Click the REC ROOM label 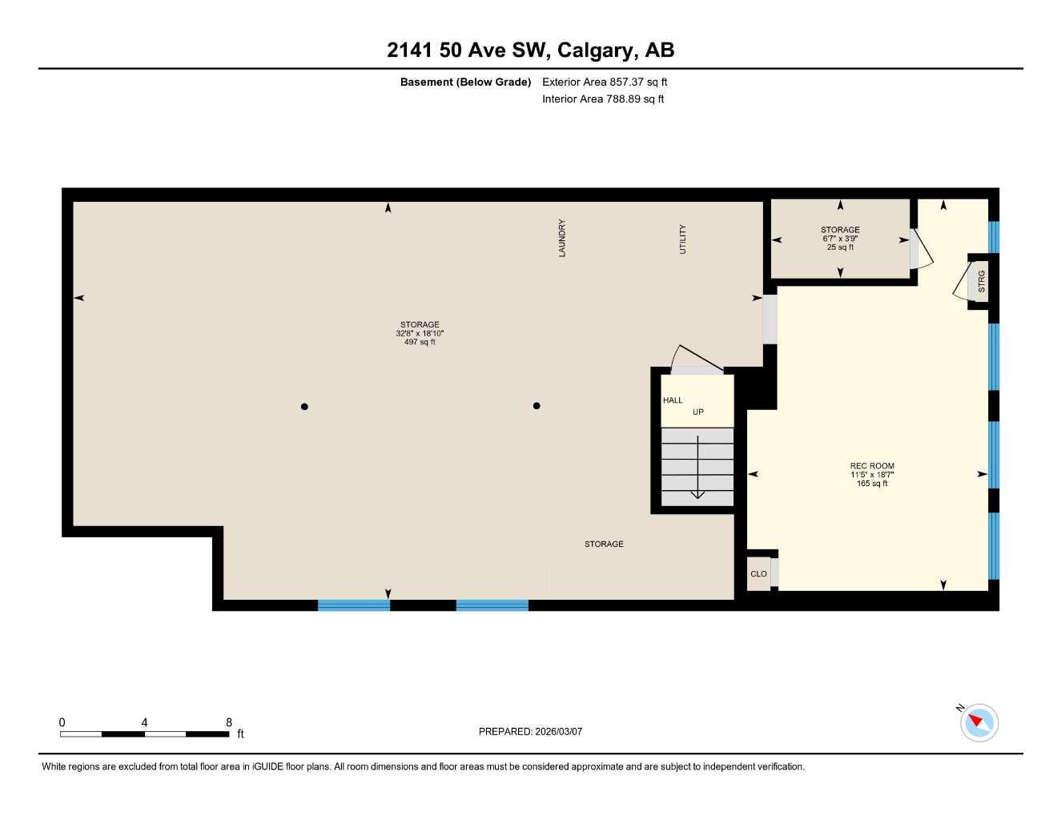pyautogui.click(x=872, y=466)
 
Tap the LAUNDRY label pyautogui.click(x=562, y=238)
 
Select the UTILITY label pyautogui.click(x=683, y=239)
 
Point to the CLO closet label pyautogui.click(x=758, y=574)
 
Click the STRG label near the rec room pyautogui.click(x=982, y=281)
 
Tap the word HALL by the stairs pyautogui.click(x=673, y=400)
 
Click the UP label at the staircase pyautogui.click(x=698, y=412)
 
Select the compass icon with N pyautogui.click(x=979, y=722)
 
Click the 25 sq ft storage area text pyautogui.click(x=840, y=247)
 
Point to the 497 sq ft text pyautogui.click(x=420, y=343)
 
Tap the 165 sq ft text pyautogui.click(x=872, y=484)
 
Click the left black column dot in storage pyautogui.click(x=304, y=407)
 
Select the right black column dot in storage pyautogui.click(x=537, y=406)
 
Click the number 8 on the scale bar pyautogui.click(x=229, y=722)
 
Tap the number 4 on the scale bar pyautogui.click(x=144, y=722)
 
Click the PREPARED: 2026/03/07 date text pyautogui.click(x=530, y=732)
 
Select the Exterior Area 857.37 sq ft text pyautogui.click(x=605, y=82)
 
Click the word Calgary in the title pyautogui.click(x=593, y=50)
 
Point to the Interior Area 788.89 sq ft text pyautogui.click(x=603, y=99)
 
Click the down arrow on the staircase pyautogui.click(x=697, y=472)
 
